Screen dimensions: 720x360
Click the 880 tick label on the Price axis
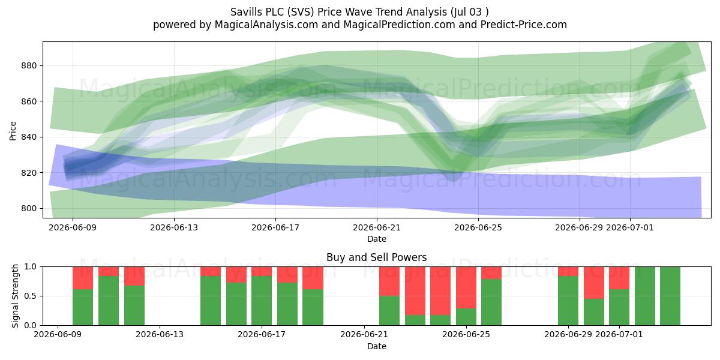tap(29, 65)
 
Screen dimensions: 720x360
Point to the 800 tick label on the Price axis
tap(29, 208)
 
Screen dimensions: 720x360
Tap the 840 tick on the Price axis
tap(29, 137)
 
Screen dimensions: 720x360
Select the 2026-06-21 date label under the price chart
tap(377, 227)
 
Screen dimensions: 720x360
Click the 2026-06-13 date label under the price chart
tap(174, 227)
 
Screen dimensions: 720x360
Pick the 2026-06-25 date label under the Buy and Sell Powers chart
tap(466, 334)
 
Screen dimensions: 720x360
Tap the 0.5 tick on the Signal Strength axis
tap(31, 296)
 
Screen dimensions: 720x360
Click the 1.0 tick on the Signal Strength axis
tap(31, 267)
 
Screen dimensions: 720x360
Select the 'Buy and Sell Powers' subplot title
tap(376, 257)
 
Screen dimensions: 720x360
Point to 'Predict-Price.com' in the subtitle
tap(524, 25)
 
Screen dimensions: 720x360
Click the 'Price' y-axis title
tap(13, 131)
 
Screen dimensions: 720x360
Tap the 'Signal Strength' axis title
tap(15, 296)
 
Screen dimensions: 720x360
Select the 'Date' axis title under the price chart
tap(377, 239)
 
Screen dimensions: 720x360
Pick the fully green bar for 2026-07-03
tap(670, 296)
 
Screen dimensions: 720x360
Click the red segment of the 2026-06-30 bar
tap(594, 283)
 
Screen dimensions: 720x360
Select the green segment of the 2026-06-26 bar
tap(491, 302)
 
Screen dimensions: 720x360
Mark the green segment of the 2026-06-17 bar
tap(262, 301)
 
